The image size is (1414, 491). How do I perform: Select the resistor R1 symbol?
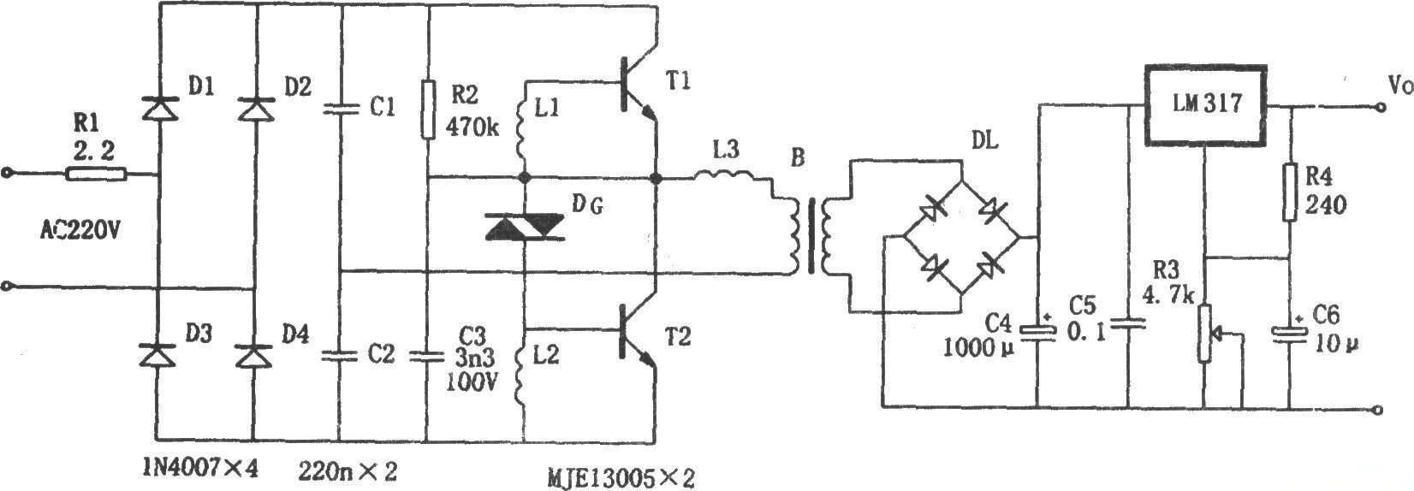coord(96,175)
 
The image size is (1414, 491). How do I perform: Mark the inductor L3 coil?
coord(723,177)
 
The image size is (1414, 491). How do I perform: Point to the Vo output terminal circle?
coord(1378,108)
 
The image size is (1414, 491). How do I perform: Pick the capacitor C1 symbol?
coord(340,109)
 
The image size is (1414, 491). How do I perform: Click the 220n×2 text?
coord(348,470)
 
